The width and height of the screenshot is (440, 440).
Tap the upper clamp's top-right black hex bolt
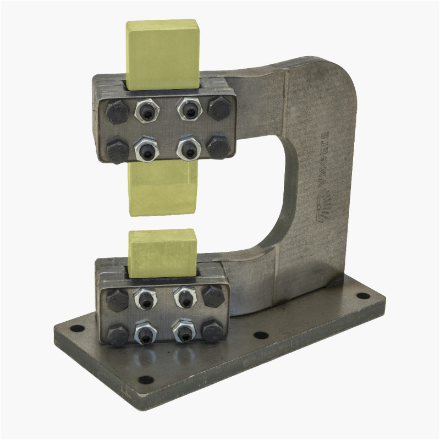(219, 108)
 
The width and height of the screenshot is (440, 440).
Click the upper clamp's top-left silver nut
(147, 112)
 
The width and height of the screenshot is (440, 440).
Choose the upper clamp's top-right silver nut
(189, 109)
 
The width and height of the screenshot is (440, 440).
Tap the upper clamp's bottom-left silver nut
(147, 149)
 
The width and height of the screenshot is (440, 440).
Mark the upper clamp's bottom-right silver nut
(189, 147)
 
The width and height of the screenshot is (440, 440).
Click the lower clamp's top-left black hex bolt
(118, 300)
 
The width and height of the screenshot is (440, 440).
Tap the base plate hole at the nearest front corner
(145, 380)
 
